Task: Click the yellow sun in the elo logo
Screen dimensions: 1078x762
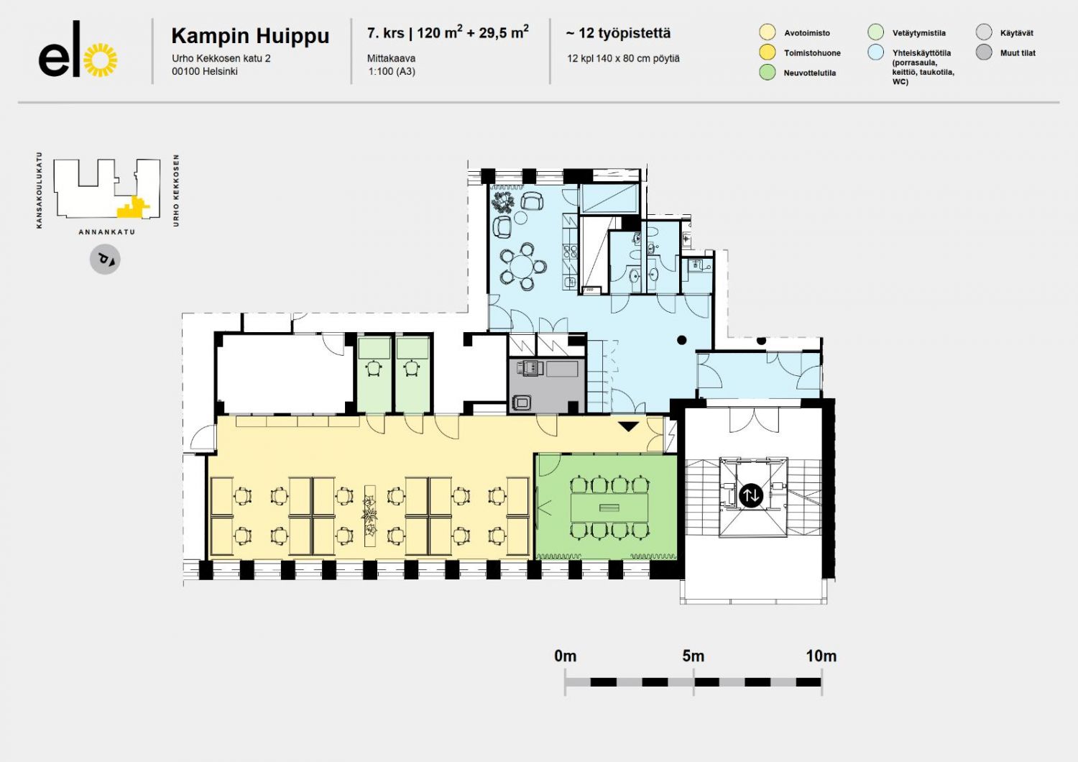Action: (100, 60)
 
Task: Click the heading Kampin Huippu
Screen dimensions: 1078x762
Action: (250, 36)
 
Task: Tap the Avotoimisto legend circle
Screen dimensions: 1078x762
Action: (767, 32)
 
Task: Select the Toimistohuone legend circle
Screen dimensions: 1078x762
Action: (767, 52)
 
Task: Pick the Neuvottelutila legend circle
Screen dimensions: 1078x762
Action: (767, 72)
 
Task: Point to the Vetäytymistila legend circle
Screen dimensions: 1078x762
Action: (876, 32)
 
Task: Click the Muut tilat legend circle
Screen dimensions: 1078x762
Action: (984, 52)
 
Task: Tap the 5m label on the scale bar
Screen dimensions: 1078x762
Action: (693, 656)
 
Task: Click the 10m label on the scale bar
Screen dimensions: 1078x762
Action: (821, 656)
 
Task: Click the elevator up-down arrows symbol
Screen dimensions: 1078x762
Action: (751, 495)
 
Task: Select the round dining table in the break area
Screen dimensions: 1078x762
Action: (522, 266)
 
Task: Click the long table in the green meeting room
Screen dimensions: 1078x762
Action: (609, 508)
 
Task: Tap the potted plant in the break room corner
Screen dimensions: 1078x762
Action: (503, 202)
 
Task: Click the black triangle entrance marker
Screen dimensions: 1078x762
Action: (628, 426)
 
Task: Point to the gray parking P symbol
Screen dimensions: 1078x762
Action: (105, 260)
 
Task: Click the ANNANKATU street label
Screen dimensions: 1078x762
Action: (107, 232)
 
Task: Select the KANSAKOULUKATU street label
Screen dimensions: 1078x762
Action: (40, 190)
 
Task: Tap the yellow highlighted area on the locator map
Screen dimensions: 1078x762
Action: (132, 208)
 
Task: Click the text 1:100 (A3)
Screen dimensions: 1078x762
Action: (392, 72)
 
